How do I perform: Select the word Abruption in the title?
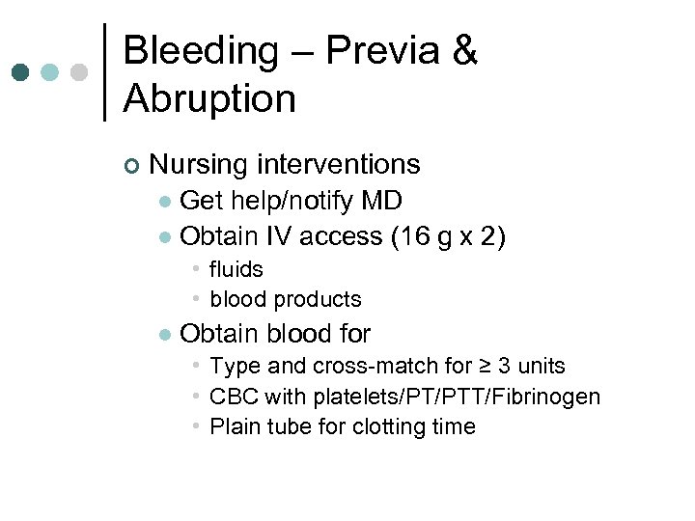(x=209, y=98)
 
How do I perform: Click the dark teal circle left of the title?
(x=21, y=72)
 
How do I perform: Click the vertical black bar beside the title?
(x=104, y=72)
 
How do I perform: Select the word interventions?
(x=342, y=165)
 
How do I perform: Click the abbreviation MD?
(x=381, y=201)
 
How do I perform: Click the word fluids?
(x=236, y=269)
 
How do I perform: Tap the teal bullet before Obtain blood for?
(x=165, y=335)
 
